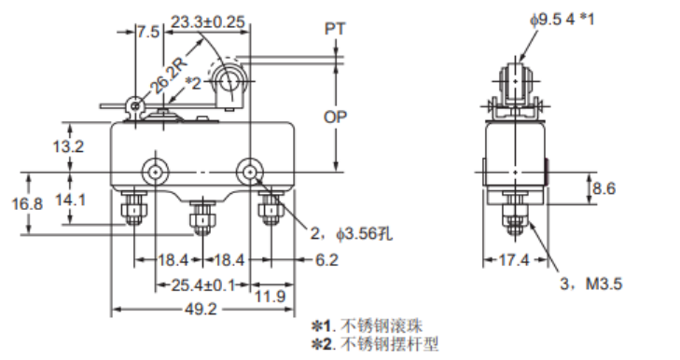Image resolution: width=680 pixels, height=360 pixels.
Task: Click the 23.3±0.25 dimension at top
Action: click(209, 21)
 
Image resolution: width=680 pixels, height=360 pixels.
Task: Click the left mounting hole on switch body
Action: click(155, 172)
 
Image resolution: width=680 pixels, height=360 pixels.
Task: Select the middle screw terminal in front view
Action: click(198, 220)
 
